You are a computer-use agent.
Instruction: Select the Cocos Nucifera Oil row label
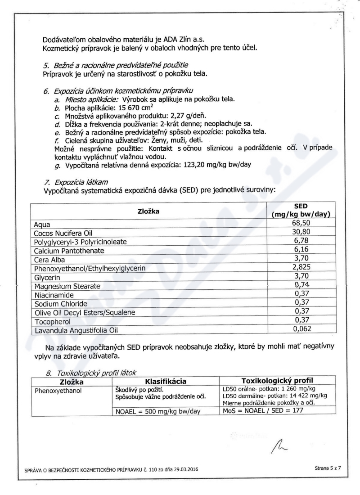[x=59, y=233]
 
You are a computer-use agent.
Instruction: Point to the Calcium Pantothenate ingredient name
[x=69, y=250]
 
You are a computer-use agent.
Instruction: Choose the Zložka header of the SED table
[x=149, y=211]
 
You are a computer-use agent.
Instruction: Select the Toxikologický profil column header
[x=278, y=381]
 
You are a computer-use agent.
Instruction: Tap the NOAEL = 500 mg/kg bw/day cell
[x=158, y=410]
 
